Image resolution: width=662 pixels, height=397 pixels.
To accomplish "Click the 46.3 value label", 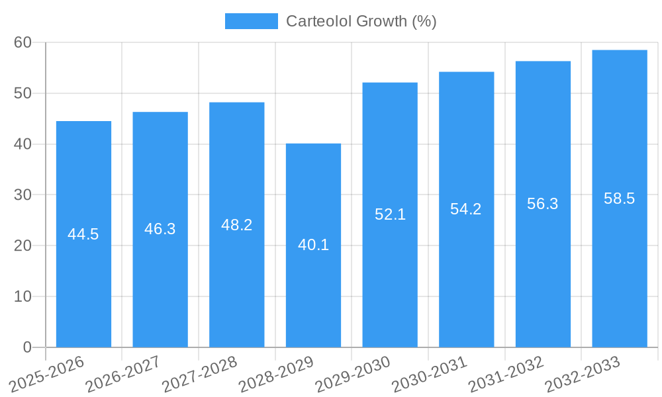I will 160,229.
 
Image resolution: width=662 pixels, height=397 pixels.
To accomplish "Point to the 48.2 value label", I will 236,225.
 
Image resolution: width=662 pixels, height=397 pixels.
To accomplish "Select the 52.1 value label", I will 390,214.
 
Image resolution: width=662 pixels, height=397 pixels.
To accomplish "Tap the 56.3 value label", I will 543,204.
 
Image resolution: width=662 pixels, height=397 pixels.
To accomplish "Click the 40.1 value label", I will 313,245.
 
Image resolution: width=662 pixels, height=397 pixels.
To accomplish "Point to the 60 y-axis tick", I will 23,42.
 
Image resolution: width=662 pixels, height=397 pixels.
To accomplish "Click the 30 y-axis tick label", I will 23,195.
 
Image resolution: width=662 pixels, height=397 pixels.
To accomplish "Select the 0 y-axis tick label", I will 27,347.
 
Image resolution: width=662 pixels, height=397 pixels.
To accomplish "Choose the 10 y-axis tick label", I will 23,296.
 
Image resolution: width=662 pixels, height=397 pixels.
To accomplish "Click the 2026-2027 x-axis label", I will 122,375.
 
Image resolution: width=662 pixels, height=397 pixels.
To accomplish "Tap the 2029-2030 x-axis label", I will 352,375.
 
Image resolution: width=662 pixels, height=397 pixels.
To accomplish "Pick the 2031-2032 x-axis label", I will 506,375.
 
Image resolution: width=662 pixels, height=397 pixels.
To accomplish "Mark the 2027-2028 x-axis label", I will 199,375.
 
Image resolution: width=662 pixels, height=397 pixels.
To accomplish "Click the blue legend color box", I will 252,21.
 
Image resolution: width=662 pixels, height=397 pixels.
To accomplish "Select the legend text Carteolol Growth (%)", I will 361,21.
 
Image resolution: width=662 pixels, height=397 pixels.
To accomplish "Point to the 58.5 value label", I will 620,198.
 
